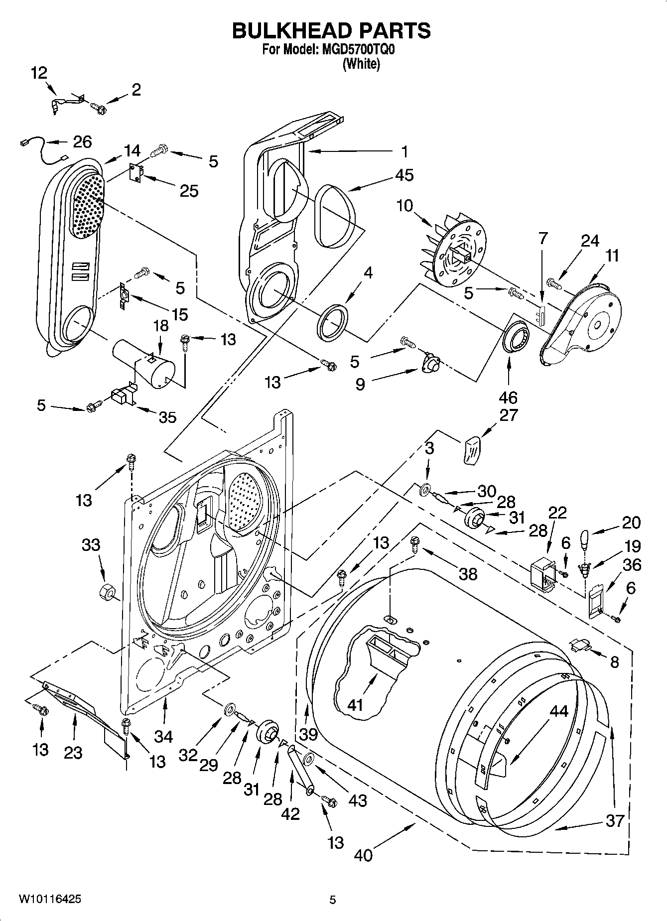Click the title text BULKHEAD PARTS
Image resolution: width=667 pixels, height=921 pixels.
pos(331,31)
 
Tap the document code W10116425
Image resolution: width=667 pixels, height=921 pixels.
pos(49,900)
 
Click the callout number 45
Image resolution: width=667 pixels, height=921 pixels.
pos(404,175)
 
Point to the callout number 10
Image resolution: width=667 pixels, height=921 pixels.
pos(405,205)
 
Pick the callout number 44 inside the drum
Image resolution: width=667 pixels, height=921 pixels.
pos(558,711)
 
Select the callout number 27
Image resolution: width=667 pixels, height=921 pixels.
pos(508,414)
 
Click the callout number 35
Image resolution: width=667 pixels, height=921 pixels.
pos(167,417)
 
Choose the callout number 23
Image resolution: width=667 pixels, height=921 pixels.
pos(73,753)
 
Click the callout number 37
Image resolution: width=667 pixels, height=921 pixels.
pos(614,820)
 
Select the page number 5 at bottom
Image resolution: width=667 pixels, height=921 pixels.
pos(333,900)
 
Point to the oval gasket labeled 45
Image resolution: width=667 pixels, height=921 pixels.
pos(337,215)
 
